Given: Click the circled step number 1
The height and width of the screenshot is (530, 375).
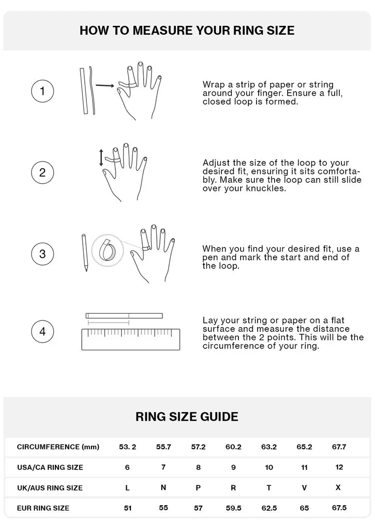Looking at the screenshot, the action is (42, 91).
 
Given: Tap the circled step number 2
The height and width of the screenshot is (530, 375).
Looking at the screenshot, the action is (42, 172).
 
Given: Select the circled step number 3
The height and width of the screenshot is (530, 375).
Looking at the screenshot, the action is (42, 254).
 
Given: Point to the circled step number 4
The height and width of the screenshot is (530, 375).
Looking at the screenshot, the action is (42, 332).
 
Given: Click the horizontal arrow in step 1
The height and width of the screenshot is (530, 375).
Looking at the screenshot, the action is (104, 85).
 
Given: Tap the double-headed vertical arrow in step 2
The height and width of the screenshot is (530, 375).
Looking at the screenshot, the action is (101, 158).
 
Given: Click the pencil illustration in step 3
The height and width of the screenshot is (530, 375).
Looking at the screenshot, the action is (84, 253).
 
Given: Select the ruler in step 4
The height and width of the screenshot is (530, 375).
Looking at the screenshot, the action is (131, 340).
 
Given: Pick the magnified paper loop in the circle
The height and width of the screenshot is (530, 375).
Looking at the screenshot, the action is (107, 250).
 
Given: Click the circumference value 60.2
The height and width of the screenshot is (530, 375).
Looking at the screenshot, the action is (233, 447).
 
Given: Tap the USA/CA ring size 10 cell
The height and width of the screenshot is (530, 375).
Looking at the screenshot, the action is (269, 467).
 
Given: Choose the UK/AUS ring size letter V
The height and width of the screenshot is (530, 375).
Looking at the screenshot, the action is (304, 488).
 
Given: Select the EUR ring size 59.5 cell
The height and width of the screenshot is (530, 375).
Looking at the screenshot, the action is (233, 508).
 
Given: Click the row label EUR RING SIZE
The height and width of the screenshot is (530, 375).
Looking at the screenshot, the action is (43, 508).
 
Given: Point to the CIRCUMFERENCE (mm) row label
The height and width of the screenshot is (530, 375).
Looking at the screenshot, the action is (58, 447).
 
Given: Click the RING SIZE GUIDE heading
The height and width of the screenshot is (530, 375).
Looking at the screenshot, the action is (187, 417).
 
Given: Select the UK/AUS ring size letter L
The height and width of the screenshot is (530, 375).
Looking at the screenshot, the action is (127, 488).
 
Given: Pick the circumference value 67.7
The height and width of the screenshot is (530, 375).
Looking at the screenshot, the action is (339, 447).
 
